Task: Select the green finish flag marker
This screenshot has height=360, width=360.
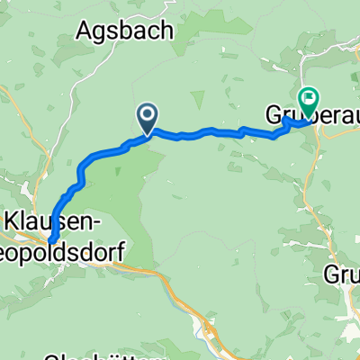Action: (309, 100)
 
